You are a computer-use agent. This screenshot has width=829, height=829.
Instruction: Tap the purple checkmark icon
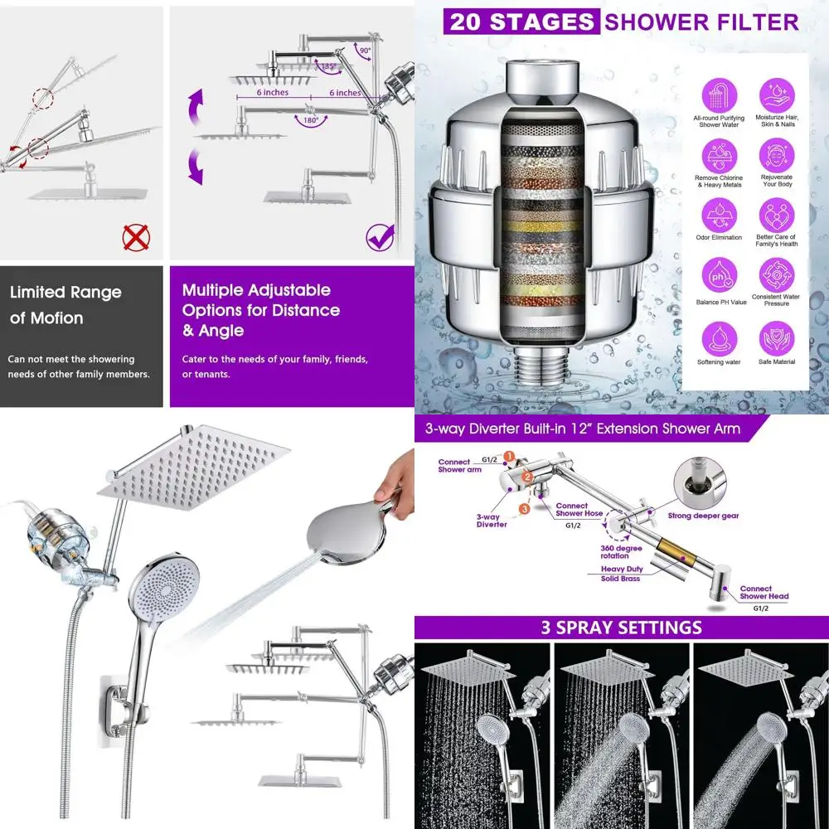[380, 238]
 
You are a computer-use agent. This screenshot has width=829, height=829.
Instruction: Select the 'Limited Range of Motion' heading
[65, 304]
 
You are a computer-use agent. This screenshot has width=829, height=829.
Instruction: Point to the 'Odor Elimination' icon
[718, 216]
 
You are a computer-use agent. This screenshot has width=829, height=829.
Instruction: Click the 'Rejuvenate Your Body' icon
[776, 155]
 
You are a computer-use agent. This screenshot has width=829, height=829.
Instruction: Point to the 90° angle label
[365, 51]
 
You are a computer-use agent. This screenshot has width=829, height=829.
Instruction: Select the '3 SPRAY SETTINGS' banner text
[621, 627]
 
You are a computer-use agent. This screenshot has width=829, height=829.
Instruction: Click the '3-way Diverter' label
[492, 520]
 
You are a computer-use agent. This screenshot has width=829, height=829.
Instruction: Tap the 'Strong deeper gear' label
[703, 515]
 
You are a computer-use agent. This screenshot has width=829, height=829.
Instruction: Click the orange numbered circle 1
[509, 456]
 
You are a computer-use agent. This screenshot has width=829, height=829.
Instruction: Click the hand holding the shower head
[396, 477]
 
